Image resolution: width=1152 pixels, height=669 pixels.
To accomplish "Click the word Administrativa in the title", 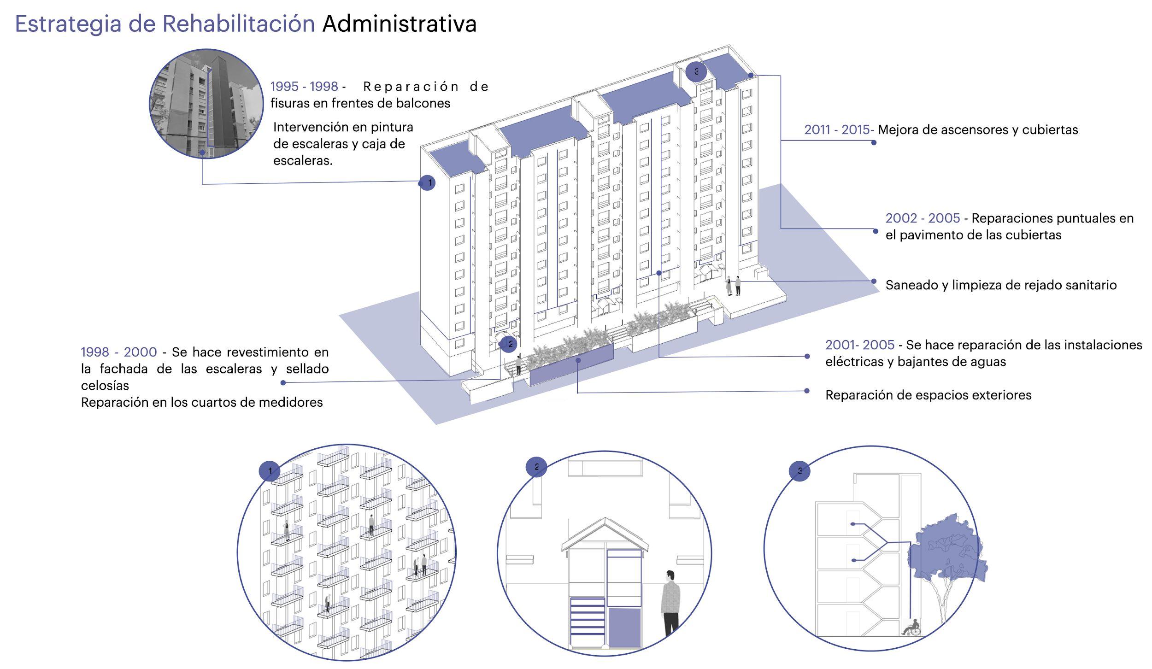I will (399, 24).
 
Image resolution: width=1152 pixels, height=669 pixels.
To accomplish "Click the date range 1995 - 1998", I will (304, 87).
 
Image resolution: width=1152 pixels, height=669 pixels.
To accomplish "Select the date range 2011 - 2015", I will (837, 130).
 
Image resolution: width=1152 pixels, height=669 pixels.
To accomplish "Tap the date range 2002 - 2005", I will (923, 218).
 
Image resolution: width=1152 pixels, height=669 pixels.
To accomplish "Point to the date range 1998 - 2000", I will (119, 352).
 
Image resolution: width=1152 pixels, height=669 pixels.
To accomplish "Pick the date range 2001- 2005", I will (859, 345).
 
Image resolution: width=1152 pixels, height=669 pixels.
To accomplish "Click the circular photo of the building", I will (200, 104).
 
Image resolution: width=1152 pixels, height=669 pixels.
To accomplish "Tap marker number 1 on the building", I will (428, 183).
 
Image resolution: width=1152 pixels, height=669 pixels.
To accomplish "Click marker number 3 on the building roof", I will (696, 72).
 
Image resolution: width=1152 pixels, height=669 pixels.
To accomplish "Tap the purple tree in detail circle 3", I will (949, 553).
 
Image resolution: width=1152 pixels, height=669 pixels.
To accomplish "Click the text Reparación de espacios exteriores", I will (928, 395).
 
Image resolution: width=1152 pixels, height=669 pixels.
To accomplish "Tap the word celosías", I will (105, 386).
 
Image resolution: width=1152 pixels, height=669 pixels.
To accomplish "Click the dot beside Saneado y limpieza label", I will (874, 281).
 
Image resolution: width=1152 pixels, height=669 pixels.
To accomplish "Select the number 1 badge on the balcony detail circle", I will (270, 471).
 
